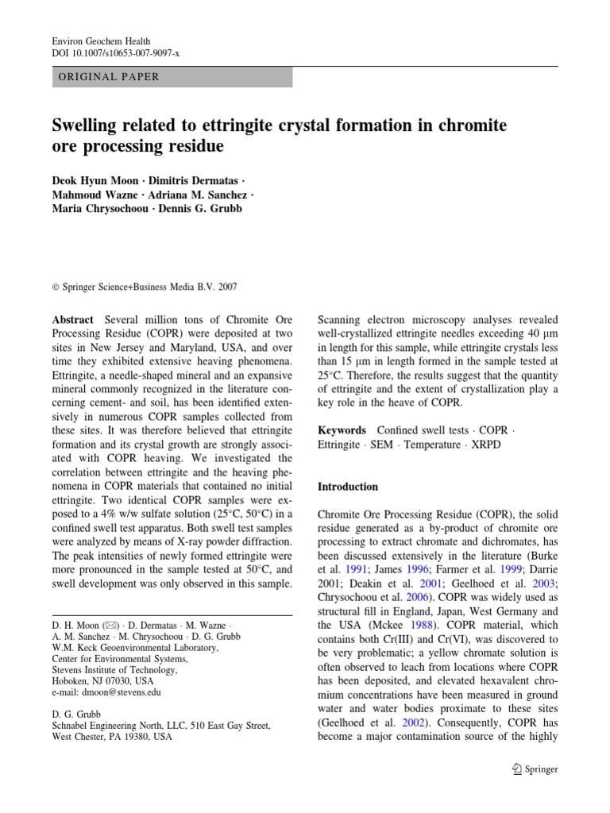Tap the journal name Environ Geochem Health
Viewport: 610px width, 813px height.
tap(101, 40)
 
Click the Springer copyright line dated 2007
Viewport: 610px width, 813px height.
tap(145, 287)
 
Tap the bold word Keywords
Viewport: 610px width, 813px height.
tap(342, 430)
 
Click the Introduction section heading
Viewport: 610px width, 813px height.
tap(348, 487)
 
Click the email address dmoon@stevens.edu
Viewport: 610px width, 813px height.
tap(106, 692)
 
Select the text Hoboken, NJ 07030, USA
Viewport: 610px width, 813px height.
tap(103, 681)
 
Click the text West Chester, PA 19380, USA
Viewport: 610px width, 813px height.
tap(111, 737)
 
